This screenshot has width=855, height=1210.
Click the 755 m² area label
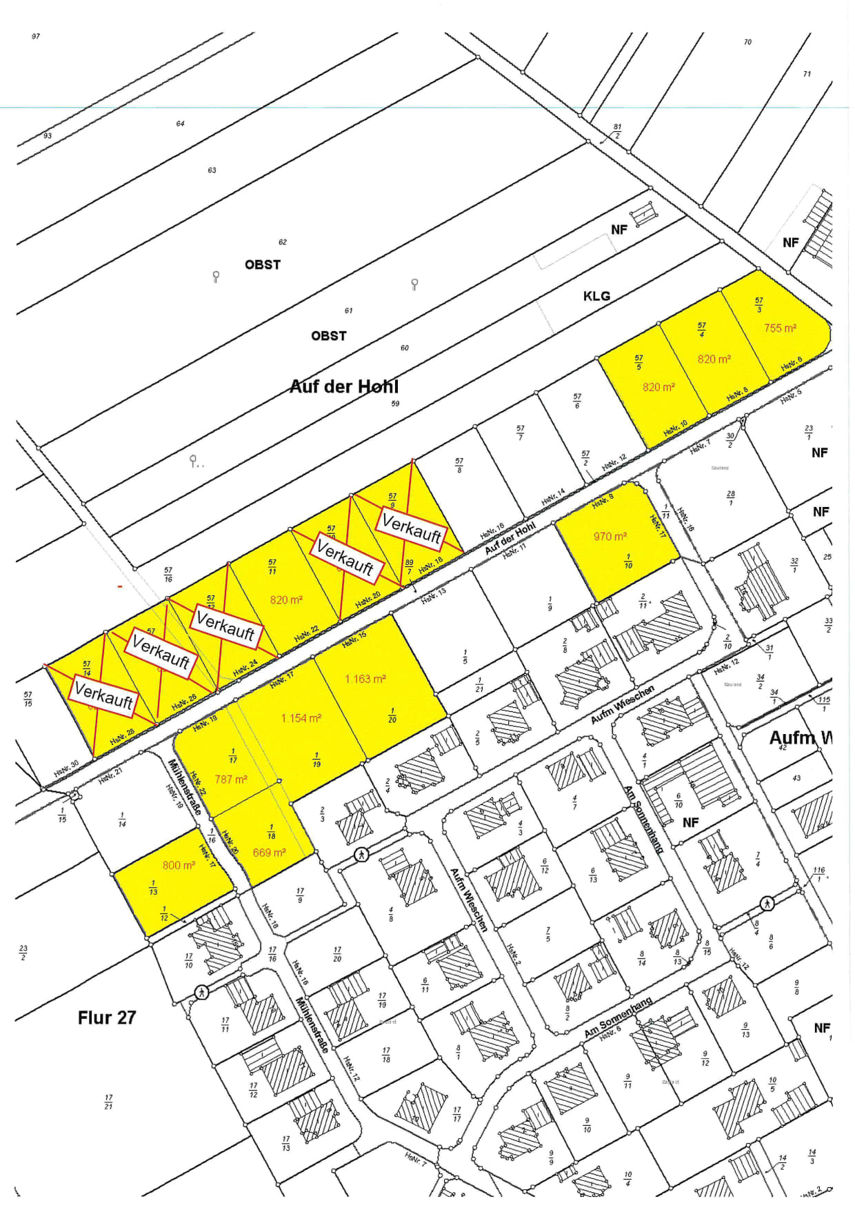[x=780, y=328]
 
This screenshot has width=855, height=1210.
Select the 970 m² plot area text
[x=610, y=536]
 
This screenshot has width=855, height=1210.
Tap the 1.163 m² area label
[x=365, y=679]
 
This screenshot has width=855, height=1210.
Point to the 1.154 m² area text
[x=301, y=718]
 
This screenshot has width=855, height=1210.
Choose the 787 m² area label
[x=231, y=779]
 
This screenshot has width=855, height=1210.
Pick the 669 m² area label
[x=269, y=853]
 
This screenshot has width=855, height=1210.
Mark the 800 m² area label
[x=179, y=865]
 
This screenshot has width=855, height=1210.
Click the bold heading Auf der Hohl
[x=343, y=386]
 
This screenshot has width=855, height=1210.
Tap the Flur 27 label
[x=107, y=1018]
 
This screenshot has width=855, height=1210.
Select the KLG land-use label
[x=596, y=296]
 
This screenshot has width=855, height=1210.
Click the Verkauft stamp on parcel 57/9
[x=412, y=529]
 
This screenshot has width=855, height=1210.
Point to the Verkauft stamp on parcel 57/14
[x=103, y=694]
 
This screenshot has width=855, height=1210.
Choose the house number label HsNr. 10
[x=675, y=428]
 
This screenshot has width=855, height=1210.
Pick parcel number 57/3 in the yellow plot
[x=759, y=305]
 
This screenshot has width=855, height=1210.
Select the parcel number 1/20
[x=392, y=715]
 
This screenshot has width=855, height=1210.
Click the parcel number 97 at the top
[x=36, y=37]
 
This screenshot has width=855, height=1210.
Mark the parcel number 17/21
[x=108, y=1102]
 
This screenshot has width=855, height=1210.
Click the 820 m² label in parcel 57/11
[x=286, y=600]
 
